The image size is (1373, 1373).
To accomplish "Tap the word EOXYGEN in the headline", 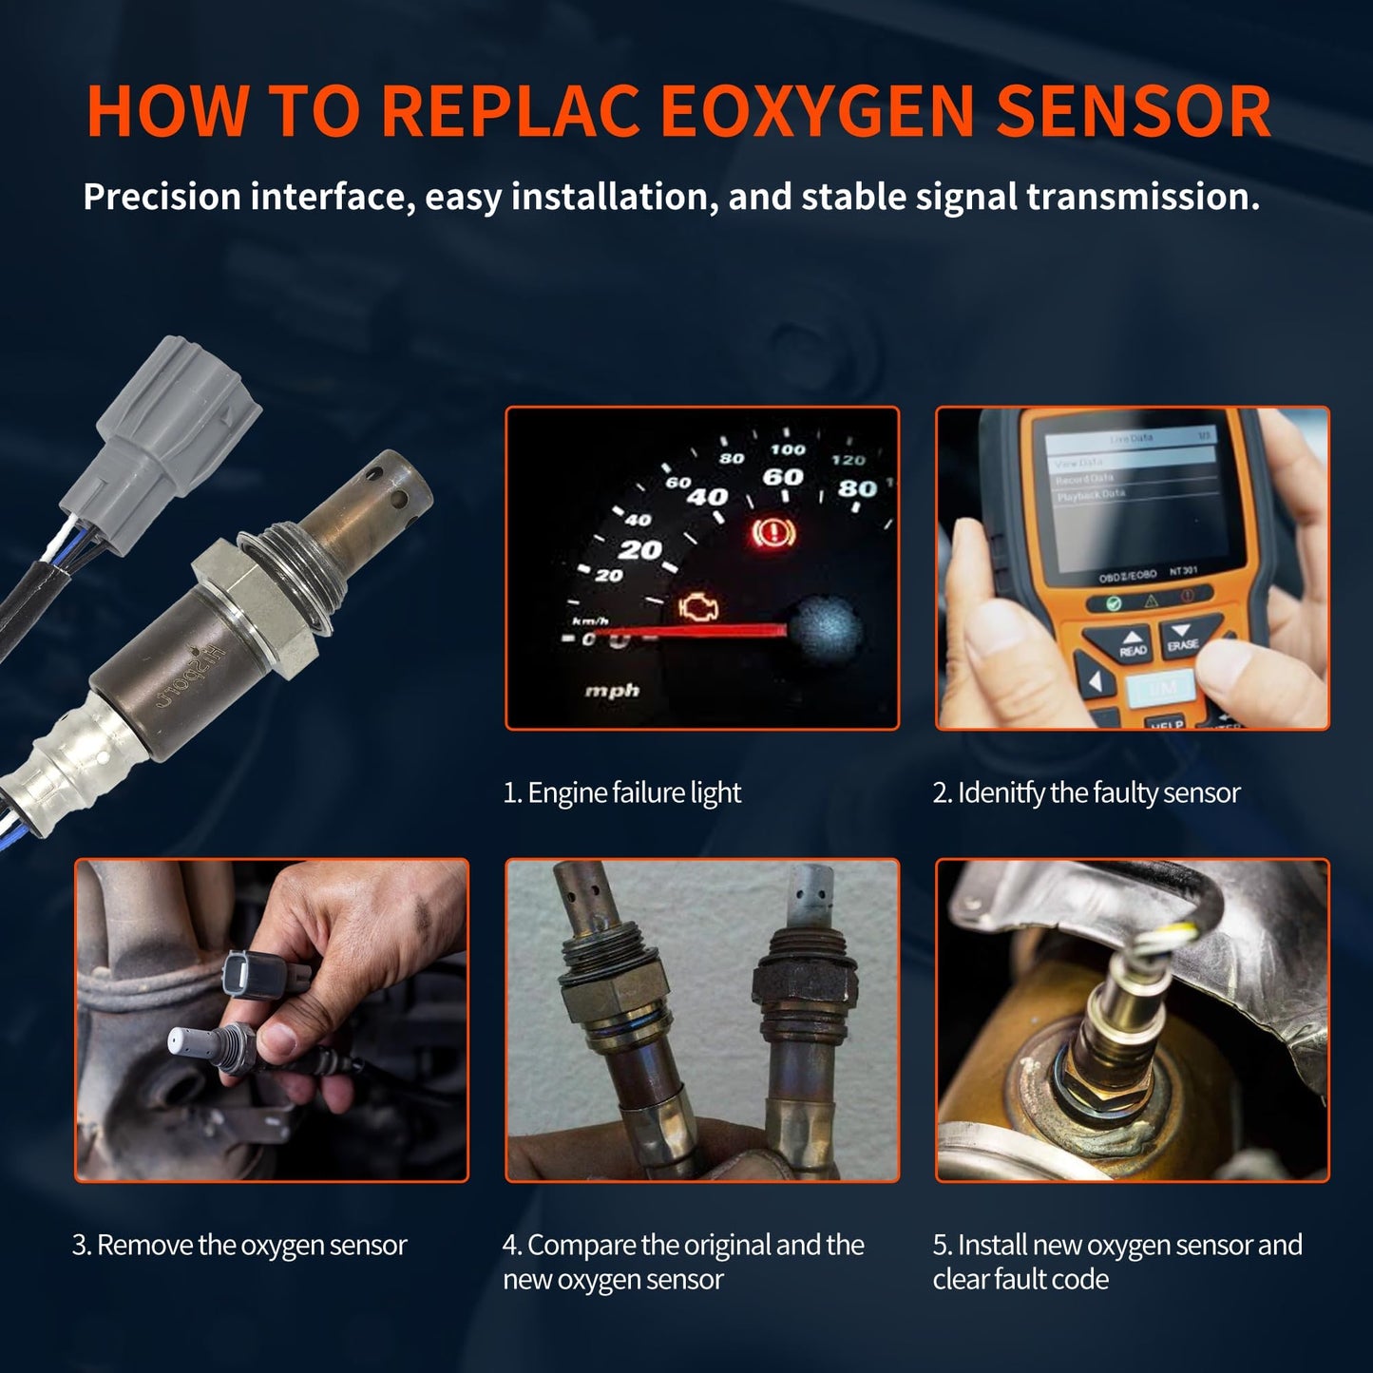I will pyautogui.click(x=817, y=112).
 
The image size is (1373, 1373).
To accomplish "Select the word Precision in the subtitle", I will pyautogui.click(x=162, y=197).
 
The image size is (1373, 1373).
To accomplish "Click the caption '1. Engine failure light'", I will pyautogui.click(x=621, y=792).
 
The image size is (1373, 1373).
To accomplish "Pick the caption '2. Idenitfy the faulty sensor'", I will pyautogui.click(x=1086, y=792).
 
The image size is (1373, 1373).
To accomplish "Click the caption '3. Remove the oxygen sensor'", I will pyautogui.click(x=239, y=1245).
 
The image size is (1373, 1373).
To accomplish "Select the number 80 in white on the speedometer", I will pyautogui.click(x=855, y=488).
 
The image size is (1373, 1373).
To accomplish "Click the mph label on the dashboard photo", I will pyautogui.click(x=612, y=691).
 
